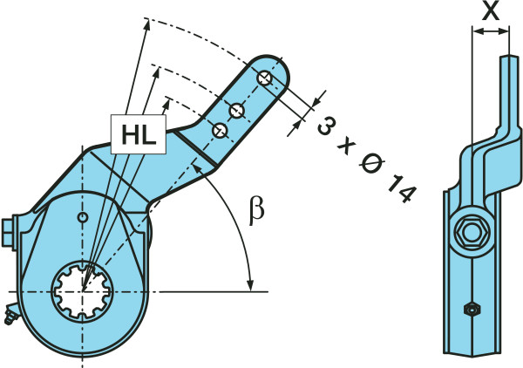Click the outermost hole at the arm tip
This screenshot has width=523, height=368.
265,78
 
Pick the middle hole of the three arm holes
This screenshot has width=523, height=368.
236,110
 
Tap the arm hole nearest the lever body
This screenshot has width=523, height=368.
220,130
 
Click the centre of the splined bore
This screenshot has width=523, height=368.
85,288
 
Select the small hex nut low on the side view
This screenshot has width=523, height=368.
472,309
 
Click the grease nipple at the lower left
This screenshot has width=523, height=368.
9,316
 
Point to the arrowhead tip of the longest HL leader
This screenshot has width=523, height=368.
145,21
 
